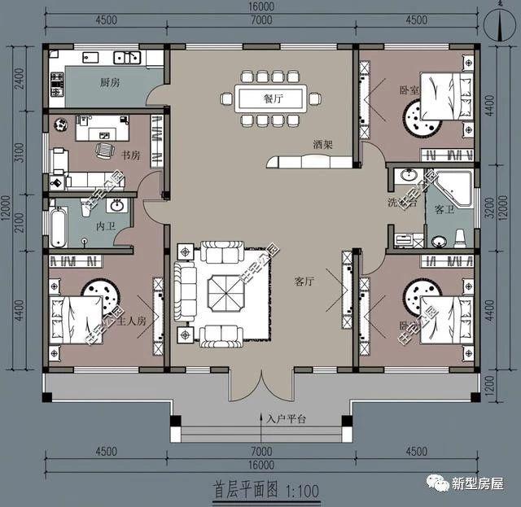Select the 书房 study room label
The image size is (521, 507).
pos(131,155)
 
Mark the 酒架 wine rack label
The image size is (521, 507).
pos(322,144)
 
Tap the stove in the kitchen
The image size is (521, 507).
pos(58,81)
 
